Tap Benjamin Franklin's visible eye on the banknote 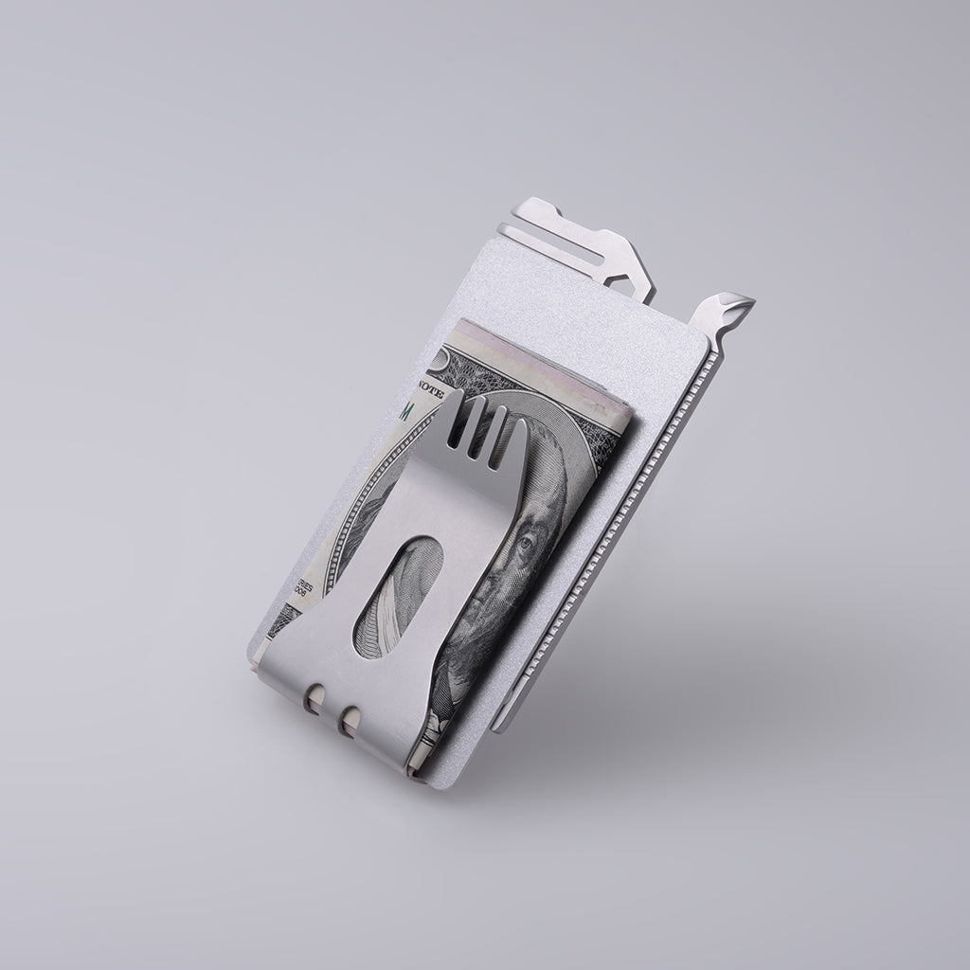tap(527, 547)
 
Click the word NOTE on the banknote tap(431, 388)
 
